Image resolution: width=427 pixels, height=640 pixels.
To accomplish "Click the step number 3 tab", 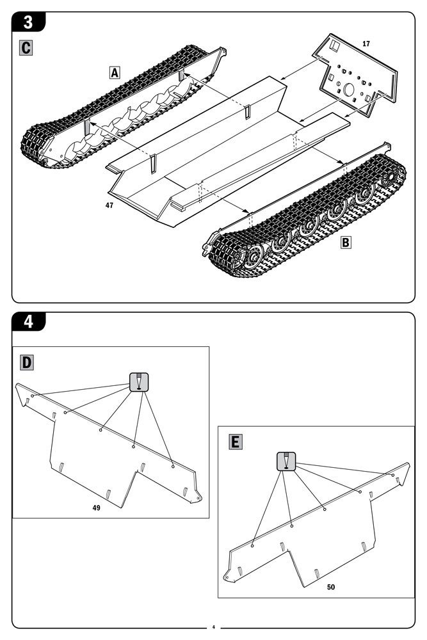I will [28, 21].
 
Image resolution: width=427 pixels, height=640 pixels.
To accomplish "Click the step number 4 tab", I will [28, 322].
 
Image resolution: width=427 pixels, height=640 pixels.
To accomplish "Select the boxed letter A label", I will [114, 72].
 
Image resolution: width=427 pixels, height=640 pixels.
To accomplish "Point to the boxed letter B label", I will [346, 243].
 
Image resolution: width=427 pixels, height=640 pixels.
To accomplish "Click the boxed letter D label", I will [27, 363].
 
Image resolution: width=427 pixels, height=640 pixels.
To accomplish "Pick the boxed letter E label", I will [235, 442].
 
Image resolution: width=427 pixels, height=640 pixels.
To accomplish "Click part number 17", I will [366, 44].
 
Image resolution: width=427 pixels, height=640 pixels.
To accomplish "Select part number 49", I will [96, 508].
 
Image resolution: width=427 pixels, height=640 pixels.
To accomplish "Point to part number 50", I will [330, 586].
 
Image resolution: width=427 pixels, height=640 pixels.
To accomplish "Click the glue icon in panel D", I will [139, 381].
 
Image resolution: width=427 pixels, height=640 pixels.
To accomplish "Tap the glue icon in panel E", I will [286, 461].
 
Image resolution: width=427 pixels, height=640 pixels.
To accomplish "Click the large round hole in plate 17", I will [350, 90].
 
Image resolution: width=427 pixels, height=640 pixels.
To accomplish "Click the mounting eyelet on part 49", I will [200, 497].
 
